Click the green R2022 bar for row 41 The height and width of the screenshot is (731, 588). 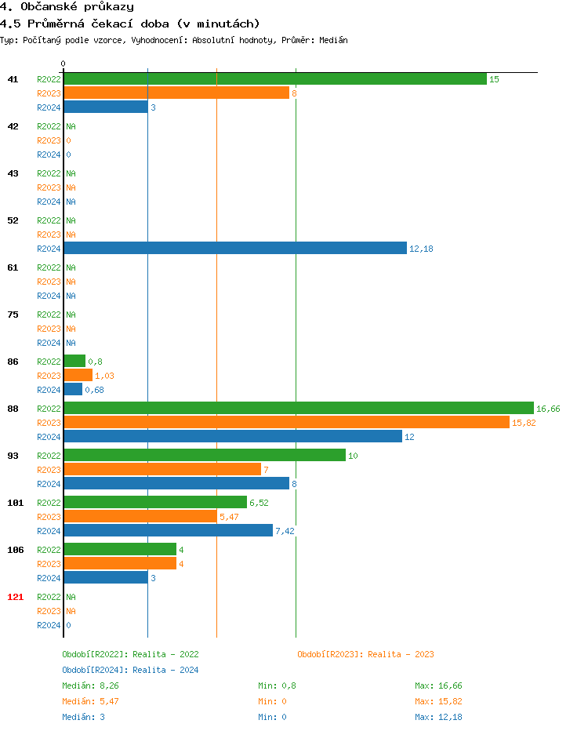[274, 79]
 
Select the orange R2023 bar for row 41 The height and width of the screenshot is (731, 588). [176, 93]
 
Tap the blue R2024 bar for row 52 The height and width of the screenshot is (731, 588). [235, 249]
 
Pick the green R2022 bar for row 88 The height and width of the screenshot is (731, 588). [298, 409]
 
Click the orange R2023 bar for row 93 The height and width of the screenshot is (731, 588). [162, 470]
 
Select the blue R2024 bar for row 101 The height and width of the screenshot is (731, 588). [168, 531]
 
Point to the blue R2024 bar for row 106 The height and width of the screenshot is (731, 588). [106, 578]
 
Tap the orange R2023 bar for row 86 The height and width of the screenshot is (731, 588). [78, 376]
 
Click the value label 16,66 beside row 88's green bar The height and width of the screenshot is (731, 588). [548, 409]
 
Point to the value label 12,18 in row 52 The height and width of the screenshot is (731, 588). [421, 249]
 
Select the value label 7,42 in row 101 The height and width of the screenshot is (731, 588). [285, 531]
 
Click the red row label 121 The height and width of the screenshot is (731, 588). [15, 597]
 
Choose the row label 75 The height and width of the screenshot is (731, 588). [13, 315]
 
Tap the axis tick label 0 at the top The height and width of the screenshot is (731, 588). [64, 64]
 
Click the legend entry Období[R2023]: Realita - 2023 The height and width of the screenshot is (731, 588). [365, 654]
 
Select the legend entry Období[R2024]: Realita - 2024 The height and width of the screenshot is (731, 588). [130, 670]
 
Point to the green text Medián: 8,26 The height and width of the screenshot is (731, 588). [89, 686]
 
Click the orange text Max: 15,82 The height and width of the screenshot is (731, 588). [438, 701]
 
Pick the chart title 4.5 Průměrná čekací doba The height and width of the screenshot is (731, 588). [129, 24]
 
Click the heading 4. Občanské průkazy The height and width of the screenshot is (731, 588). [67, 7]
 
